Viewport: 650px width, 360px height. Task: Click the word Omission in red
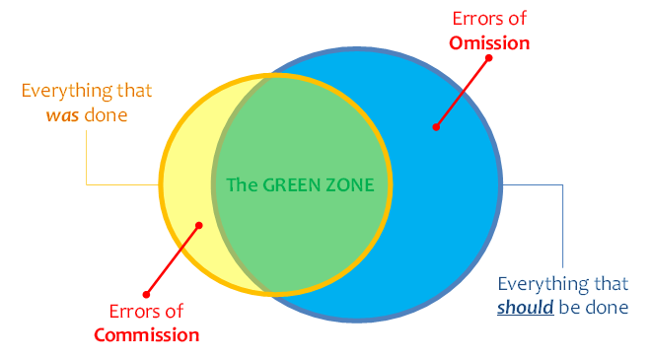(490, 42)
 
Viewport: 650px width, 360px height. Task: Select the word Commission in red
(147, 334)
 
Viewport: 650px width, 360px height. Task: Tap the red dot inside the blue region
(434, 126)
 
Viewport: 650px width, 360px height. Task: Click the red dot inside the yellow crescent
(199, 225)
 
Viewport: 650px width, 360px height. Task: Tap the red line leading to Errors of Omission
(462, 91)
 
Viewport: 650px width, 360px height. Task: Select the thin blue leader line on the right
(562, 227)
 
